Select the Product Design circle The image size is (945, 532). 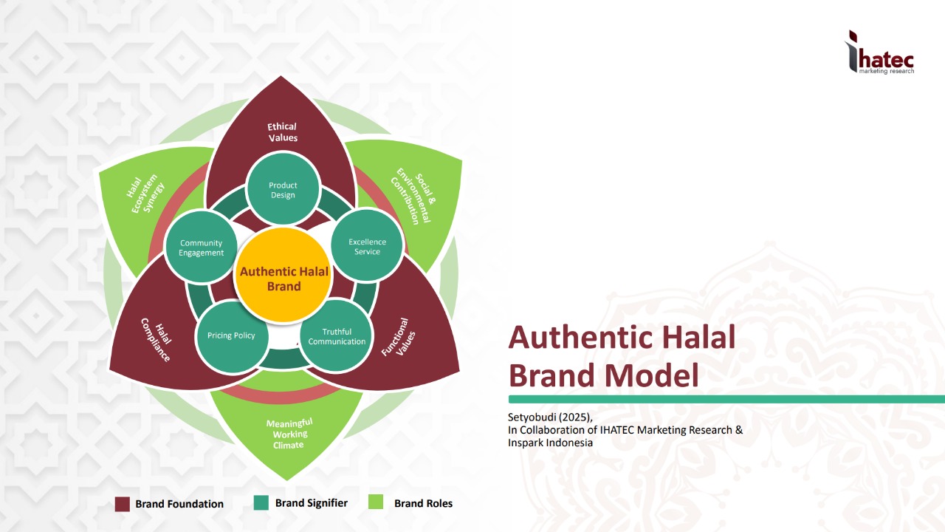coord(283,190)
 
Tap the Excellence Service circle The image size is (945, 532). coord(367,246)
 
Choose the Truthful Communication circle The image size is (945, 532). coord(337,336)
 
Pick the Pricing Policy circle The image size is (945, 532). coord(231,335)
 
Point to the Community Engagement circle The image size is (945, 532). coord(201,248)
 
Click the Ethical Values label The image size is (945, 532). coord(283,132)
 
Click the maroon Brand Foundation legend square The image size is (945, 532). coord(123,504)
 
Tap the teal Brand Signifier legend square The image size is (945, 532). coord(261,502)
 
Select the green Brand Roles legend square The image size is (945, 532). coord(376,502)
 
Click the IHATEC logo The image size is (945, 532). coord(880,53)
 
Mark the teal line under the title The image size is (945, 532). coord(724,399)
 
